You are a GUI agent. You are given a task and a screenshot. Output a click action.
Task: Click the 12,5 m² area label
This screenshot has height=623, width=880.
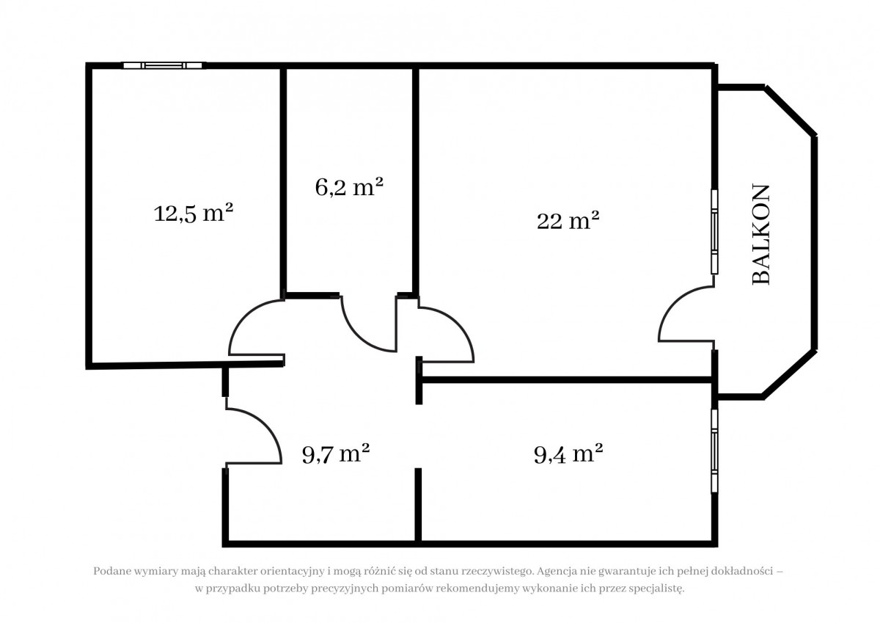[194, 214]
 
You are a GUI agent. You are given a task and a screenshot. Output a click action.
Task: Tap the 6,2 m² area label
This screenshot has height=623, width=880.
[349, 186]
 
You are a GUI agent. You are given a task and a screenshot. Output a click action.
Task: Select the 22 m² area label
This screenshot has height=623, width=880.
[568, 220]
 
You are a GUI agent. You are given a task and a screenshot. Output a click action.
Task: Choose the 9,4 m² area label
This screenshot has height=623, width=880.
[568, 453]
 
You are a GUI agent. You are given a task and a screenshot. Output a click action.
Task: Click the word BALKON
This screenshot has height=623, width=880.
[760, 234]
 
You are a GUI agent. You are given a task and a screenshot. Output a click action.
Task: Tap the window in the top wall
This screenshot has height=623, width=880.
[164, 65]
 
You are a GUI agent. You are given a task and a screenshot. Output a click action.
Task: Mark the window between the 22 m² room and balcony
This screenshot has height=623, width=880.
[714, 232]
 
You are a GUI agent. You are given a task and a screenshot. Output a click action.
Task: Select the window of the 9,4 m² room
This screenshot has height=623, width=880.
[714, 451]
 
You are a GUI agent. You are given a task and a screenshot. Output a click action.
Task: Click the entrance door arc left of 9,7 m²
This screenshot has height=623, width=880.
[266, 423]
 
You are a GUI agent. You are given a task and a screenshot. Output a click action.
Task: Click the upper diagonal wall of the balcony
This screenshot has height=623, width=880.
[791, 111]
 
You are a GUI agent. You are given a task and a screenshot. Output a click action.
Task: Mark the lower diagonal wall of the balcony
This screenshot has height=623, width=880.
[790, 374]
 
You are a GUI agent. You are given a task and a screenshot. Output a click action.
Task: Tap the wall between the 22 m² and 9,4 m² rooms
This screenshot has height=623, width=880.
[565, 380]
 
